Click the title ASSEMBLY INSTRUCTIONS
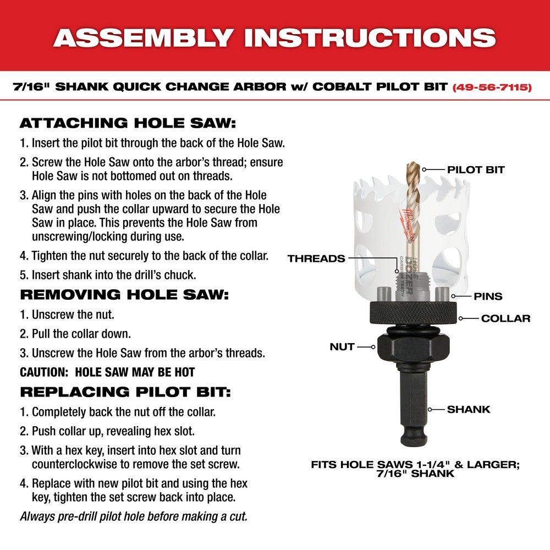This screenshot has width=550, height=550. (274, 37)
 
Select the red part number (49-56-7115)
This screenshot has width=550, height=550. (492, 87)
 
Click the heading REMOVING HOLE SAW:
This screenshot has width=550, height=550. (124, 294)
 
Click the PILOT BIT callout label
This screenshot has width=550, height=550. (476, 169)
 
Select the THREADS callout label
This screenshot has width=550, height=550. (316, 258)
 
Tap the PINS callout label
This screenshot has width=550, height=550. (488, 296)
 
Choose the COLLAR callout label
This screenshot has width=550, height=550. (505, 318)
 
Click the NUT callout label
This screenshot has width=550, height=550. (342, 347)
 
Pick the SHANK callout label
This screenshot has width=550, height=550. (468, 409)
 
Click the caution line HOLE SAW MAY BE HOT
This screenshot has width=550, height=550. (107, 372)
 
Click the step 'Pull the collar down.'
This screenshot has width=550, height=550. (75, 334)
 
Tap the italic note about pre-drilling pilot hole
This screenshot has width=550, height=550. (134, 516)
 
